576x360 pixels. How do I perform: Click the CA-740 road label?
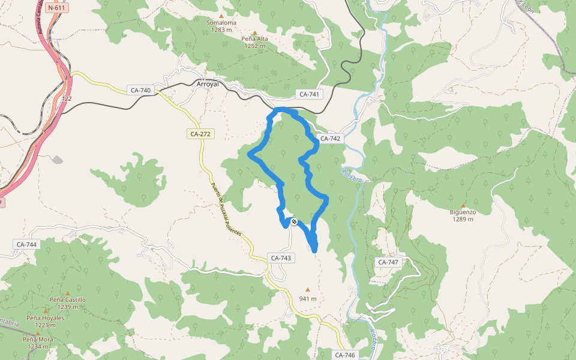coord(140,91)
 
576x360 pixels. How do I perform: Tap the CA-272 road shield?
coord(200,134)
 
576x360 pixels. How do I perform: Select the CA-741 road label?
coord(310,94)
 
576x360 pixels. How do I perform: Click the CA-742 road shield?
coord(330,139)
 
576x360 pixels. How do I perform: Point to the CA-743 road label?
coord(281,258)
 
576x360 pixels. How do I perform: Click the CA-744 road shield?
coord(26,244)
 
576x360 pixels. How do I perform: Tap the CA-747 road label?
coord(389,262)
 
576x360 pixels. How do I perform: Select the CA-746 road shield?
coord(346,355)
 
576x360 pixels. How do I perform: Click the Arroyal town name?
coord(208,85)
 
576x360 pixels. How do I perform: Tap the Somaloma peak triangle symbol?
coord(221,16)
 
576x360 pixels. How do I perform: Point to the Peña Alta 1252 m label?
coord(255,42)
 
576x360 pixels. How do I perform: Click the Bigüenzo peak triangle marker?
coord(463,205)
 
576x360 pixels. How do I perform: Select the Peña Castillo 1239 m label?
coord(68,303)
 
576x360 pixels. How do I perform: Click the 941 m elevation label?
coord(308,299)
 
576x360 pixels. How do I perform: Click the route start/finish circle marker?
coord(294,221)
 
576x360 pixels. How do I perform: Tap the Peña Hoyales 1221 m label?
coord(45,321)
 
